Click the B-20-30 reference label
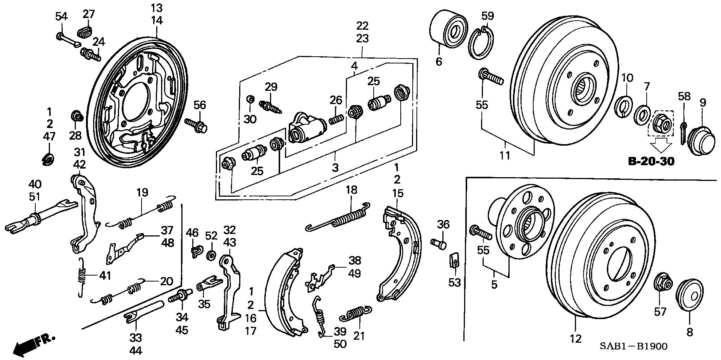point(651,161)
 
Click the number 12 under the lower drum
point(575,339)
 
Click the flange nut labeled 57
point(662,286)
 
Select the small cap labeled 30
point(249,99)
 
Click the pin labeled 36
point(439,243)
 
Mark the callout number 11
point(505,155)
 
